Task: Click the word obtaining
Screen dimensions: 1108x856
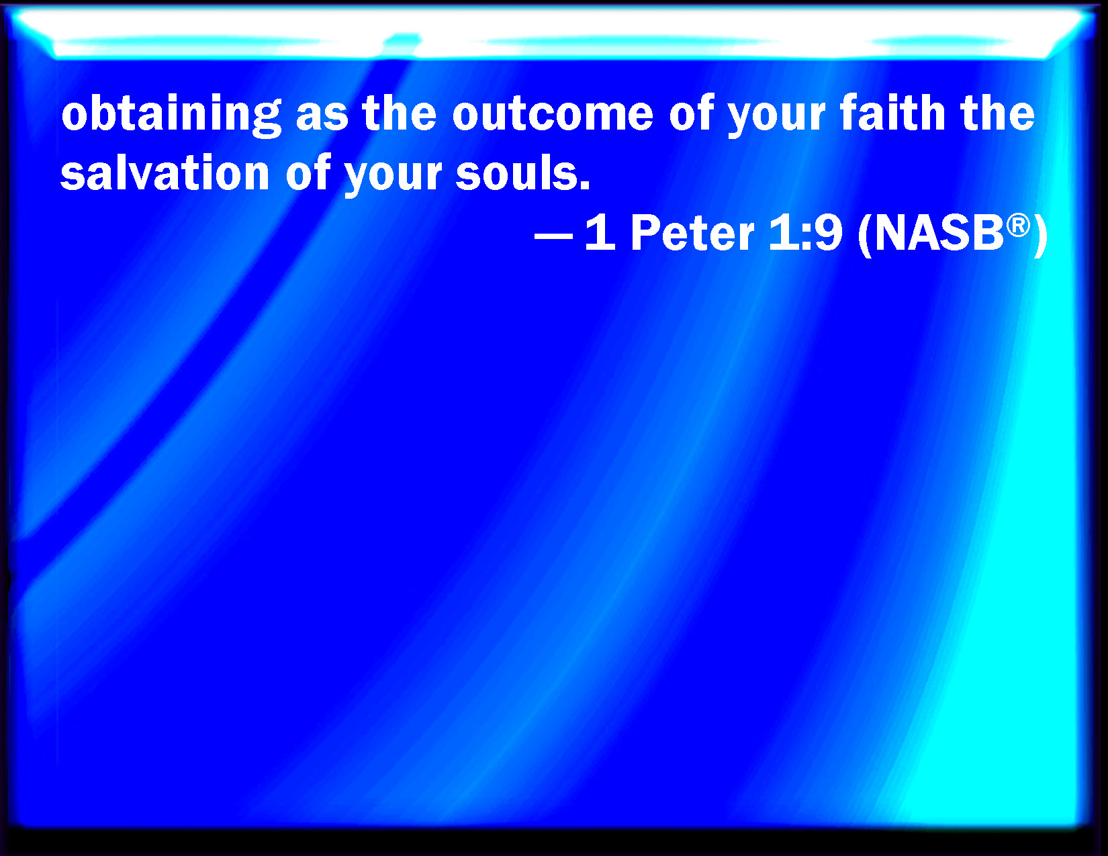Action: (x=171, y=115)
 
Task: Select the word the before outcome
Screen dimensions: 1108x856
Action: (x=400, y=113)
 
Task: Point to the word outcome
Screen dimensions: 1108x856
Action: (x=553, y=115)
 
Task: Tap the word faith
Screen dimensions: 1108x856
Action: (x=893, y=113)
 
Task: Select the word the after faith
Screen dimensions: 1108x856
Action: (x=997, y=113)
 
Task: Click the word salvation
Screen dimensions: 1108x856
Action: (x=165, y=173)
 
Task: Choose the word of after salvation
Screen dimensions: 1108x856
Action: (x=308, y=173)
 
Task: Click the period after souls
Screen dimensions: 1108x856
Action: (x=585, y=185)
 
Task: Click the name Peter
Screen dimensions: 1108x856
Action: (x=692, y=232)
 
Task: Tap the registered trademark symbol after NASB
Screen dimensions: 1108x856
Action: (x=1018, y=224)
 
